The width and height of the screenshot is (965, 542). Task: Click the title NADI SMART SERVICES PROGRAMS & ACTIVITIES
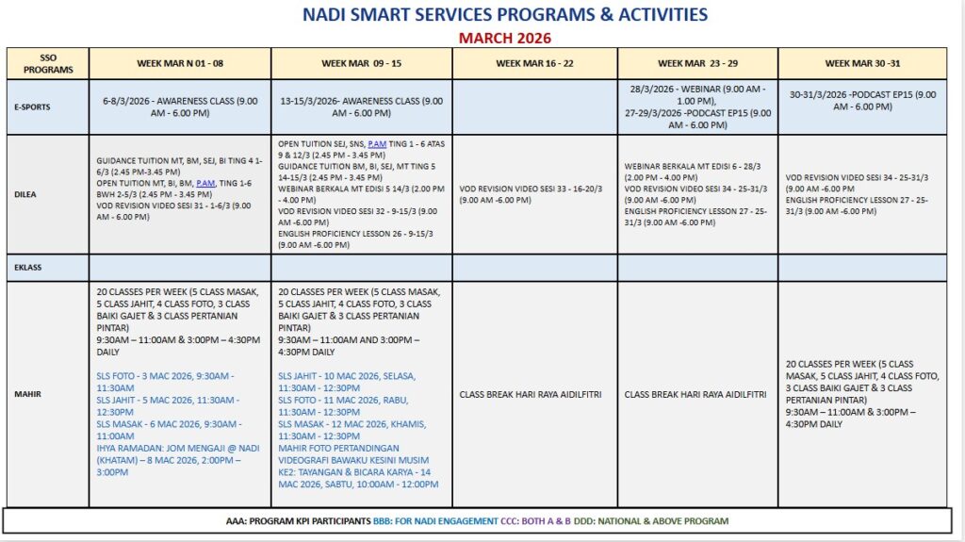(504, 15)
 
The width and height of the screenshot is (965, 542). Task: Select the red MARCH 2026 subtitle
(504, 39)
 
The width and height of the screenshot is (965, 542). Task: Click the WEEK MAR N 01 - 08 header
(180, 63)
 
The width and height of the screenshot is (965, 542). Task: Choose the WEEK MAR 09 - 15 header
(361, 63)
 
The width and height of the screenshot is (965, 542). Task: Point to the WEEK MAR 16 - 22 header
(534, 63)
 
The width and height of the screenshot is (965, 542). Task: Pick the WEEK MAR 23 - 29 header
(697, 63)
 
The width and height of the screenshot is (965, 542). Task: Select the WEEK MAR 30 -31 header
(862, 63)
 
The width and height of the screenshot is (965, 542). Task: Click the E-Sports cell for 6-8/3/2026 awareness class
(180, 107)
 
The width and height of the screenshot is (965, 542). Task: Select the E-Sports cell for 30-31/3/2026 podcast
(862, 101)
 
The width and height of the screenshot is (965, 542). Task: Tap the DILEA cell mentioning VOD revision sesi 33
(534, 194)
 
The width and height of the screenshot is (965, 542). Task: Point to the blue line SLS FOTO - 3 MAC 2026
(164, 381)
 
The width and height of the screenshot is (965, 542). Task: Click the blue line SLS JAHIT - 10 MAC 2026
(346, 381)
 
